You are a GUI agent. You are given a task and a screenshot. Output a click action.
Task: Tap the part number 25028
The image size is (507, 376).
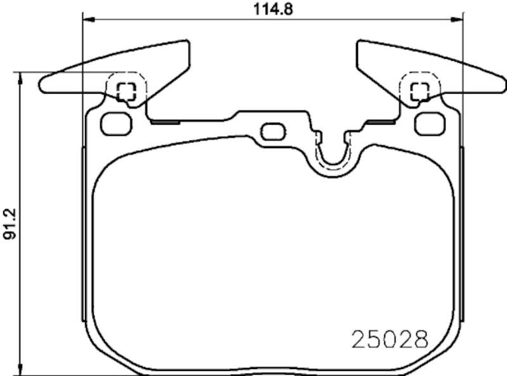click(389, 339)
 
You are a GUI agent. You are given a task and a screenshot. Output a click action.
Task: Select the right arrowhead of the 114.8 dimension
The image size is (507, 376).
click(458, 19)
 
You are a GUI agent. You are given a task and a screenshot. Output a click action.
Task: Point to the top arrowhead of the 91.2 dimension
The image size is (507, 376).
click(22, 77)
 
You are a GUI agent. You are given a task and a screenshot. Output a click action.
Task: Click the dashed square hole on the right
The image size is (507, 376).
click(419, 91)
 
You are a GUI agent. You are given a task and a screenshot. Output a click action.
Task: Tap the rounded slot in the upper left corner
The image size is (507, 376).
click(116, 124)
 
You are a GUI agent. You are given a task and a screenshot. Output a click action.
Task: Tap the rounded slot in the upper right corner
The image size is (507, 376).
click(430, 124)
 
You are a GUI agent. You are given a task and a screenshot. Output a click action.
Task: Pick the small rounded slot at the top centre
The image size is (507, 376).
click(273, 132)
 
